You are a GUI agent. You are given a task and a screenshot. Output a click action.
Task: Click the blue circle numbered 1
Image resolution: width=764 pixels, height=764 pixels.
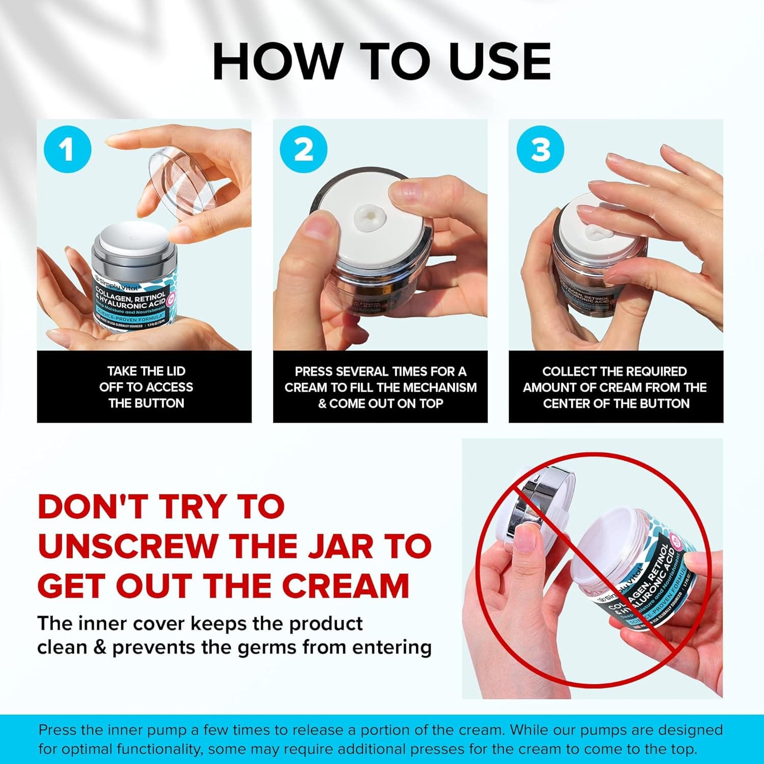click(67, 150)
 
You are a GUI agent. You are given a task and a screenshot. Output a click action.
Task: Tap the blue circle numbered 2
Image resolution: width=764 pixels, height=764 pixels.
click(304, 150)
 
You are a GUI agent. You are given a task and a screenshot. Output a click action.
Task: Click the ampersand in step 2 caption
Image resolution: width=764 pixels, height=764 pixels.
click(322, 404)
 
